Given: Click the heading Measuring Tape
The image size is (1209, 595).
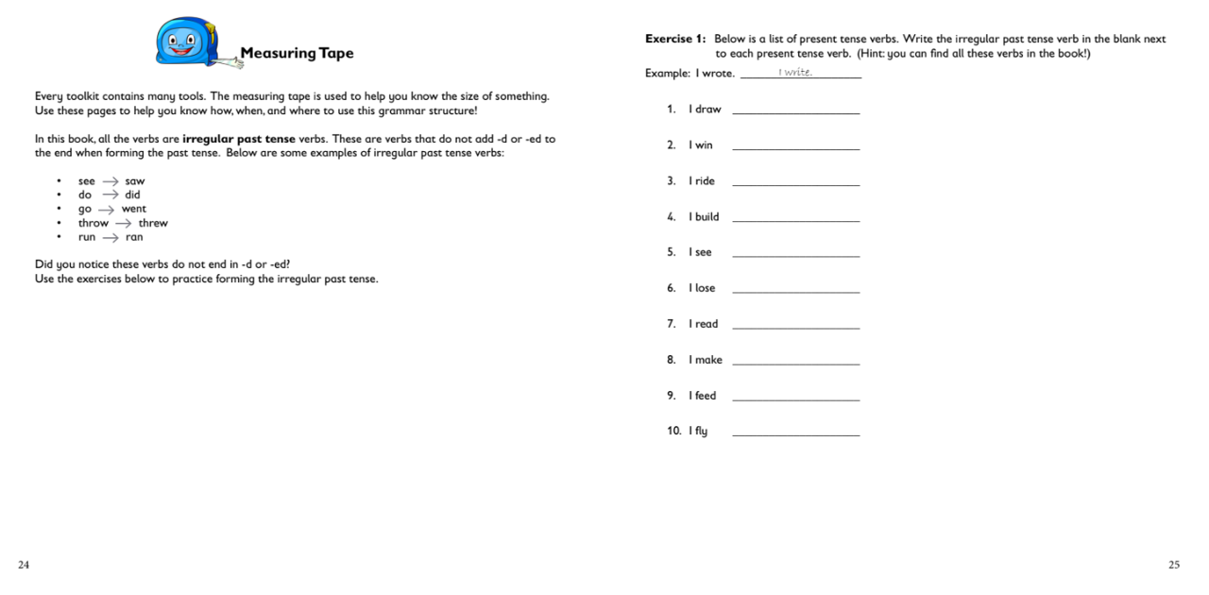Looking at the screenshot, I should click(x=297, y=53).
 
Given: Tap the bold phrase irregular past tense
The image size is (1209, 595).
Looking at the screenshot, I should click(x=239, y=139).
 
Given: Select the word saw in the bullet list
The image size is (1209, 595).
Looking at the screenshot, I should click(x=135, y=181).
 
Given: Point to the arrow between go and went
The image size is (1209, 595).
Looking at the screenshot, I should click(x=106, y=210).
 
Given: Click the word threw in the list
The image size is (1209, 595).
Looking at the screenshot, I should click(x=153, y=224).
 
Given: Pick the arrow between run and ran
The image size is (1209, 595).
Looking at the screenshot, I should click(x=111, y=238).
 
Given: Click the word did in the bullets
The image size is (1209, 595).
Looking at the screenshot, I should click(x=132, y=195).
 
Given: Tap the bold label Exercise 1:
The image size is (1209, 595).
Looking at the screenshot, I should click(x=675, y=39).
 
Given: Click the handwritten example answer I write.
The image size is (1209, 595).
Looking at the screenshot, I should click(x=795, y=73).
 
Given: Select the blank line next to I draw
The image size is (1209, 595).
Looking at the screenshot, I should click(x=796, y=112).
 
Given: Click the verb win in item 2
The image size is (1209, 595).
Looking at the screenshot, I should click(x=704, y=145).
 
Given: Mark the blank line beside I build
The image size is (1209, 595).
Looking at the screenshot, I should click(x=796, y=220).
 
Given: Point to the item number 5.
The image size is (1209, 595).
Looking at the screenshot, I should click(x=671, y=252).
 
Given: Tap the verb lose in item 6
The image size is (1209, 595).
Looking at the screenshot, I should click(x=705, y=288).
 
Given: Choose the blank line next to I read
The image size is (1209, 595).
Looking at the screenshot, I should click(x=796, y=327).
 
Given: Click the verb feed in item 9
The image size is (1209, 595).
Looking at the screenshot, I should click(x=706, y=396).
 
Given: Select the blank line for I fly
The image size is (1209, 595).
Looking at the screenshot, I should click(x=796, y=434).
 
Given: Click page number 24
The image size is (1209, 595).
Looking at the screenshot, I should click(x=24, y=565).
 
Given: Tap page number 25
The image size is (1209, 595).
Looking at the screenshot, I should click(x=1174, y=565).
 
